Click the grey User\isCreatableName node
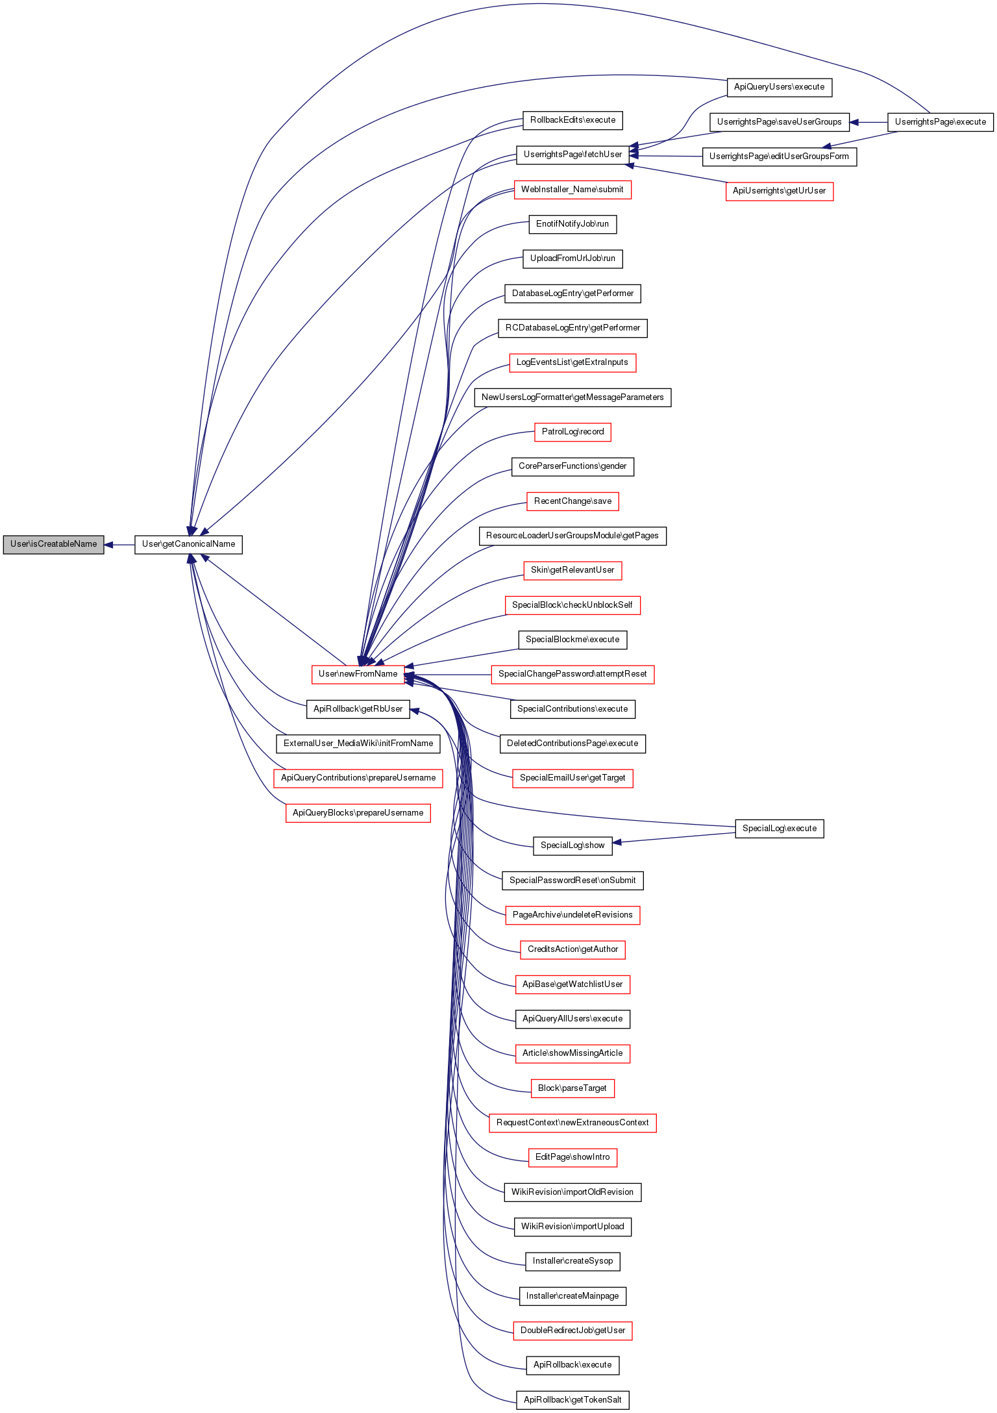tap(53, 544)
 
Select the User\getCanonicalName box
tap(188, 544)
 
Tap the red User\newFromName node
tap(358, 674)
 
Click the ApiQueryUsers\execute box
tap(779, 87)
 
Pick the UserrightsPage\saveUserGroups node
tap(779, 122)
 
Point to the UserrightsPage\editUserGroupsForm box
tap(779, 156)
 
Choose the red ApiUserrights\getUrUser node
tap(779, 191)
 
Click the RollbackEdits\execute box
tap(572, 120)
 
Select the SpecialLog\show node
tap(572, 845)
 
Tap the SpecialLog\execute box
tap(779, 829)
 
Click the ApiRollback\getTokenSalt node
tap(572, 1400)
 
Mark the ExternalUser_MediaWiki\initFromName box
tap(358, 744)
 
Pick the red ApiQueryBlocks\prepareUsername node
tap(358, 813)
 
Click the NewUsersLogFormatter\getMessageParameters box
tap(572, 397)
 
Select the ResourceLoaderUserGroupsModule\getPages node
tap(572, 536)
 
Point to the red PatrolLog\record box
tap(572, 432)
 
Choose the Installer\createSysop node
tap(572, 1261)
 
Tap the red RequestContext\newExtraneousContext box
tap(572, 1123)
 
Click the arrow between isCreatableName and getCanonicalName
tap(119, 545)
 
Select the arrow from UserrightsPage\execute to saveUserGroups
tap(868, 122)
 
